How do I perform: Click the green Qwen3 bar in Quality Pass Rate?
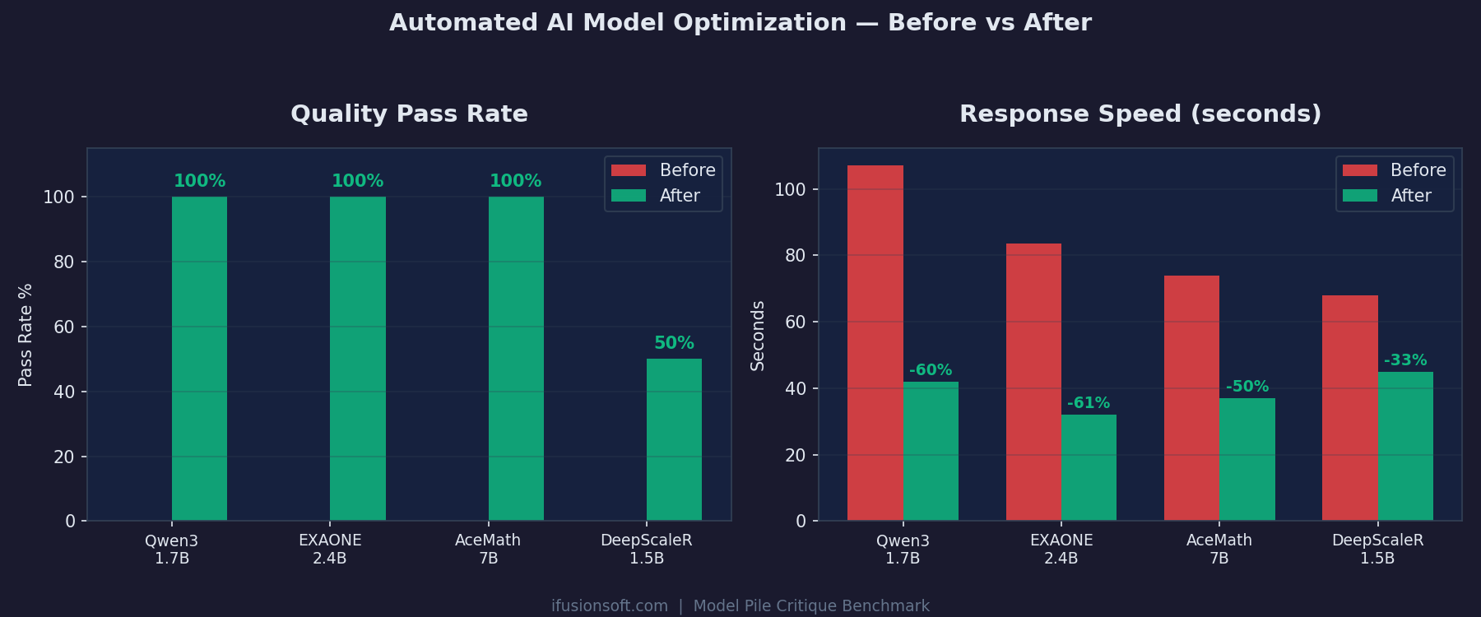[x=199, y=358]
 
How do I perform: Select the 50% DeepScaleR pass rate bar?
[x=674, y=439]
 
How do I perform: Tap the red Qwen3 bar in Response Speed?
[x=875, y=343]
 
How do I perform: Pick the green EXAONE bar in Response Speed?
[x=1089, y=467]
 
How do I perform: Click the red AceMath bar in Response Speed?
[x=1191, y=398]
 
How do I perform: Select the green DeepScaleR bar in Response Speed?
[x=1405, y=446]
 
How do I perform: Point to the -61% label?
[x=1089, y=403]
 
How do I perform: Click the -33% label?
[x=1405, y=360]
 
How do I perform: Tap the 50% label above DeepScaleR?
[x=674, y=343]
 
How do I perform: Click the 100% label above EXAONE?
[x=357, y=181]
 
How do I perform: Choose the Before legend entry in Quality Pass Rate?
[x=663, y=170]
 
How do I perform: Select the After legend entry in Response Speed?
[x=1395, y=196]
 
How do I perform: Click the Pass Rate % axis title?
[x=26, y=335]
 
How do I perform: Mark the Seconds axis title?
[x=758, y=336]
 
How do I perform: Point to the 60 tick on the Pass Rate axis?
[x=64, y=327]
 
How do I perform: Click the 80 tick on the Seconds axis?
[x=795, y=256]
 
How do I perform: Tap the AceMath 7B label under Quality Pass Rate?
[x=488, y=549]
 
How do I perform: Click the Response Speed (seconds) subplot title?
[x=1140, y=114]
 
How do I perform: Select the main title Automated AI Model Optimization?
[x=740, y=22]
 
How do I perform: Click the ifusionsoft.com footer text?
[x=609, y=606]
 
